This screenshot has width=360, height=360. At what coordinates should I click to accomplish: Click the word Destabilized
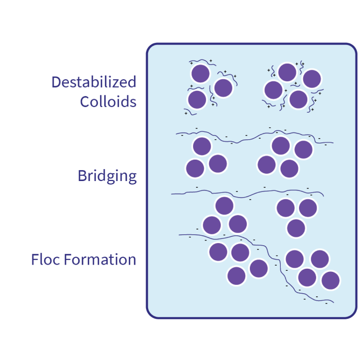click(94, 82)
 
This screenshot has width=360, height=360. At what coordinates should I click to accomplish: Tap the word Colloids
click(109, 101)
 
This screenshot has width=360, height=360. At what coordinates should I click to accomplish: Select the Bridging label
click(107, 176)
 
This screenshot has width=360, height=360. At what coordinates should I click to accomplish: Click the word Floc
click(46, 259)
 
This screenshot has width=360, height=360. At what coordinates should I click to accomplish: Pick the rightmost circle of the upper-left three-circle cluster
click(223, 88)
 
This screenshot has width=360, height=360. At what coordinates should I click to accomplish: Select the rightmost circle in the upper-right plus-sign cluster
click(311, 79)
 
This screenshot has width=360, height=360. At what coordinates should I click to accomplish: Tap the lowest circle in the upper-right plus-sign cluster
click(298, 99)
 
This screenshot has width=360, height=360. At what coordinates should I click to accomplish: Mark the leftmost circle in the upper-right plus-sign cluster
click(273, 90)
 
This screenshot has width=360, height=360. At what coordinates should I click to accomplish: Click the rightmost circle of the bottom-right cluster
click(331, 280)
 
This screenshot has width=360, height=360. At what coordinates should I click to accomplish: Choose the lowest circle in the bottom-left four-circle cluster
click(237, 275)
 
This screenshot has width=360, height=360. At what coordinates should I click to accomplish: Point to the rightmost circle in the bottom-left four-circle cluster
click(259, 268)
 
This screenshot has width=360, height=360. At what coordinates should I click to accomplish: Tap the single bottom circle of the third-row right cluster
click(296, 228)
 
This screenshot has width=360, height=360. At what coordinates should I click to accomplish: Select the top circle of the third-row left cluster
click(224, 206)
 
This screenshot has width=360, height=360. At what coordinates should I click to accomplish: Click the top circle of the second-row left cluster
click(202, 147)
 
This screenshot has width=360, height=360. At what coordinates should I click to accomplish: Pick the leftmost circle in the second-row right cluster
click(267, 164)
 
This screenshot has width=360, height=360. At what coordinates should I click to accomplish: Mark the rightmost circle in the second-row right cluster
click(303, 150)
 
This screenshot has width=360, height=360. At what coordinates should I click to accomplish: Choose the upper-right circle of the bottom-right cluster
click(319, 259)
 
